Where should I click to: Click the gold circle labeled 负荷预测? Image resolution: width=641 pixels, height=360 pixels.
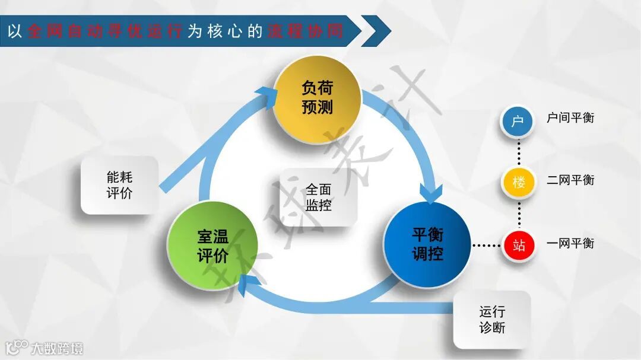pyautogui.click(x=317, y=98)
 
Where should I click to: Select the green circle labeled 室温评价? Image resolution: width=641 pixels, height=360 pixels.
pyautogui.click(x=212, y=247)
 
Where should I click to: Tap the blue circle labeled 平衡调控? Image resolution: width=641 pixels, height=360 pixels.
pyautogui.click(x=427, y=244)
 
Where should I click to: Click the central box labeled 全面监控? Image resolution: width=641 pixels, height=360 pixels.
pyautogui.click(x=318, y=197)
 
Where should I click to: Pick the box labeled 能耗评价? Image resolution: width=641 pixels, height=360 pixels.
pyautogui.click(x=120, y=185)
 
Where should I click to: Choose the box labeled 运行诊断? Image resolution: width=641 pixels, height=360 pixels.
pyautogui.click(x=491, y=320)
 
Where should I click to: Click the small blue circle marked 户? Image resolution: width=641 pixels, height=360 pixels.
pyautogui.click(x=518, y=121)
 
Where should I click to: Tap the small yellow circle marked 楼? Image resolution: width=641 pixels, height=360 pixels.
pyautogui.click(x=519, y=182)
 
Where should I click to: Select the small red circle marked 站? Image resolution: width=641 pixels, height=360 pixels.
pyautogui.click(x=519, y=244)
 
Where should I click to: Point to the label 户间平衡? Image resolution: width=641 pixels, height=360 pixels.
pyautogui.click(x=570, y=117)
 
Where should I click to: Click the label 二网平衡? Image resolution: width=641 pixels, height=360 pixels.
pyautogui.click(x=570, y=180)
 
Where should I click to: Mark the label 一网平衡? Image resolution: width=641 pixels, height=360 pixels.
pyautogui.click(x=570, y=243)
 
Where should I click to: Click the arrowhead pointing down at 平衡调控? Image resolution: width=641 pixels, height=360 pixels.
pyautogui.click(x=431, y=194)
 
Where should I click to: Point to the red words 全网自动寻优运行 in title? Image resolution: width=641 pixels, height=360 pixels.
pyautogui.click(x=106, y=31)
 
